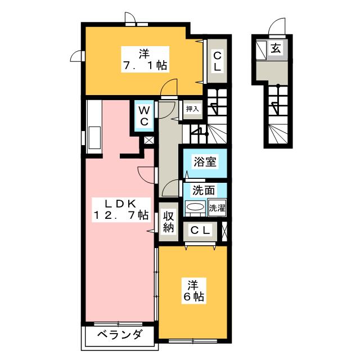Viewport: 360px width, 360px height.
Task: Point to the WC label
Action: tap(144, 116)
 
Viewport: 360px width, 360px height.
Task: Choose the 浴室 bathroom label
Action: tap(203, 162)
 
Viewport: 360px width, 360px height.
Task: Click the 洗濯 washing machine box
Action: tap(217, 208)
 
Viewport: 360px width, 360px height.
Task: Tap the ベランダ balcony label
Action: tap(112, 336)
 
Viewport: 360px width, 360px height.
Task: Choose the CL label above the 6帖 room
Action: tap(201, 230)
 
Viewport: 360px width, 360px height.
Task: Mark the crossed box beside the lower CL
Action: tap(225, 230)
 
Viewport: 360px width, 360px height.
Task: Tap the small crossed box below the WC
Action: tap(148, 141)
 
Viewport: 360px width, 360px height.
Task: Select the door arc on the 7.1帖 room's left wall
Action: tap(77, 56)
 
